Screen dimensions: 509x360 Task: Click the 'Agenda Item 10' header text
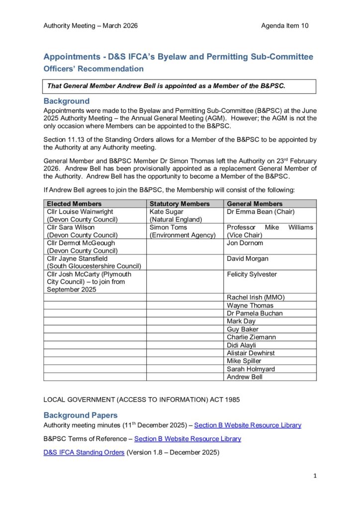284,25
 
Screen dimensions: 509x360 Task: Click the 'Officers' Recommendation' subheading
93,69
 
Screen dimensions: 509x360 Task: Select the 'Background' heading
67,101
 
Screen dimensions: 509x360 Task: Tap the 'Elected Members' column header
74,204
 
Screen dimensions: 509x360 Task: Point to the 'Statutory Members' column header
180,204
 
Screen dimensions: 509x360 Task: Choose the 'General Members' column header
255,204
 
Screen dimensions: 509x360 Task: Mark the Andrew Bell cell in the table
245,377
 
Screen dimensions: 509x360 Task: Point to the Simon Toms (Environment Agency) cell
182,231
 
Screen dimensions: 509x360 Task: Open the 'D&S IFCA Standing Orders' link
84,452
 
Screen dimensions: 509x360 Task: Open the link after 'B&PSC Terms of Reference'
187,439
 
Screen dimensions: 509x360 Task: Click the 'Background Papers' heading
81,415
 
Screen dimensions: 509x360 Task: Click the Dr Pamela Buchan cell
255,313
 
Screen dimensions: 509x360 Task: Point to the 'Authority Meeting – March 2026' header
90,25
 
